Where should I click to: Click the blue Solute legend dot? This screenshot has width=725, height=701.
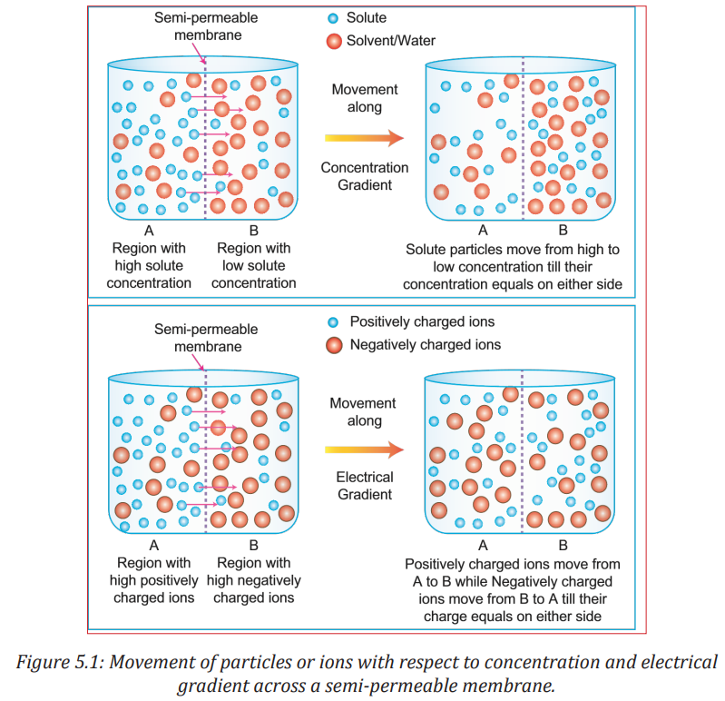click(333, 18)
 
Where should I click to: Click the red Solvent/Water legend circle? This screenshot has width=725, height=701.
click(334, 41)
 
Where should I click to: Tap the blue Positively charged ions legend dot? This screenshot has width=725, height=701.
click(333, 322)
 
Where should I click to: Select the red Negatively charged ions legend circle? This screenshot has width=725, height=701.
click(334, 345)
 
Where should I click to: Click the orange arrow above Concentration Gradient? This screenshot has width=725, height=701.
click(365, 138)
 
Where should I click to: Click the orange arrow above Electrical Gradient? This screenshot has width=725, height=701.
click(365, 449)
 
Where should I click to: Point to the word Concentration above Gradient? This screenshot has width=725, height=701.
click(365, 167)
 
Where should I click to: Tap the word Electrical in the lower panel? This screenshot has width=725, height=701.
click(365, 477)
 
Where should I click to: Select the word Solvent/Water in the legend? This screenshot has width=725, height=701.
click(391, 41)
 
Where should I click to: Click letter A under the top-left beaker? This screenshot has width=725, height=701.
click(149, 231)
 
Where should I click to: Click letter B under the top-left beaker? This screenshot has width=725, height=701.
click(254, 231)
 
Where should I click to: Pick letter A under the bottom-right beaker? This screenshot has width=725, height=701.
click(483, 546)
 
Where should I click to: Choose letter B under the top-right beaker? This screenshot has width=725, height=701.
click(563, 230)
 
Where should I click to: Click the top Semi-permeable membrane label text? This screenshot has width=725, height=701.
click(206, 26)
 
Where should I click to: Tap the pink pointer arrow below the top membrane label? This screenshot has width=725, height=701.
click(199, 54)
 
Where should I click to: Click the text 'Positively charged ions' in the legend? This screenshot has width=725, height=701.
click(422, 322)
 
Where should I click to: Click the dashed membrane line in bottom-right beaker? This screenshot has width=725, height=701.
click(523, 451)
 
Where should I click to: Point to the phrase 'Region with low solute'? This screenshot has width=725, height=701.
click(254, 257)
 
